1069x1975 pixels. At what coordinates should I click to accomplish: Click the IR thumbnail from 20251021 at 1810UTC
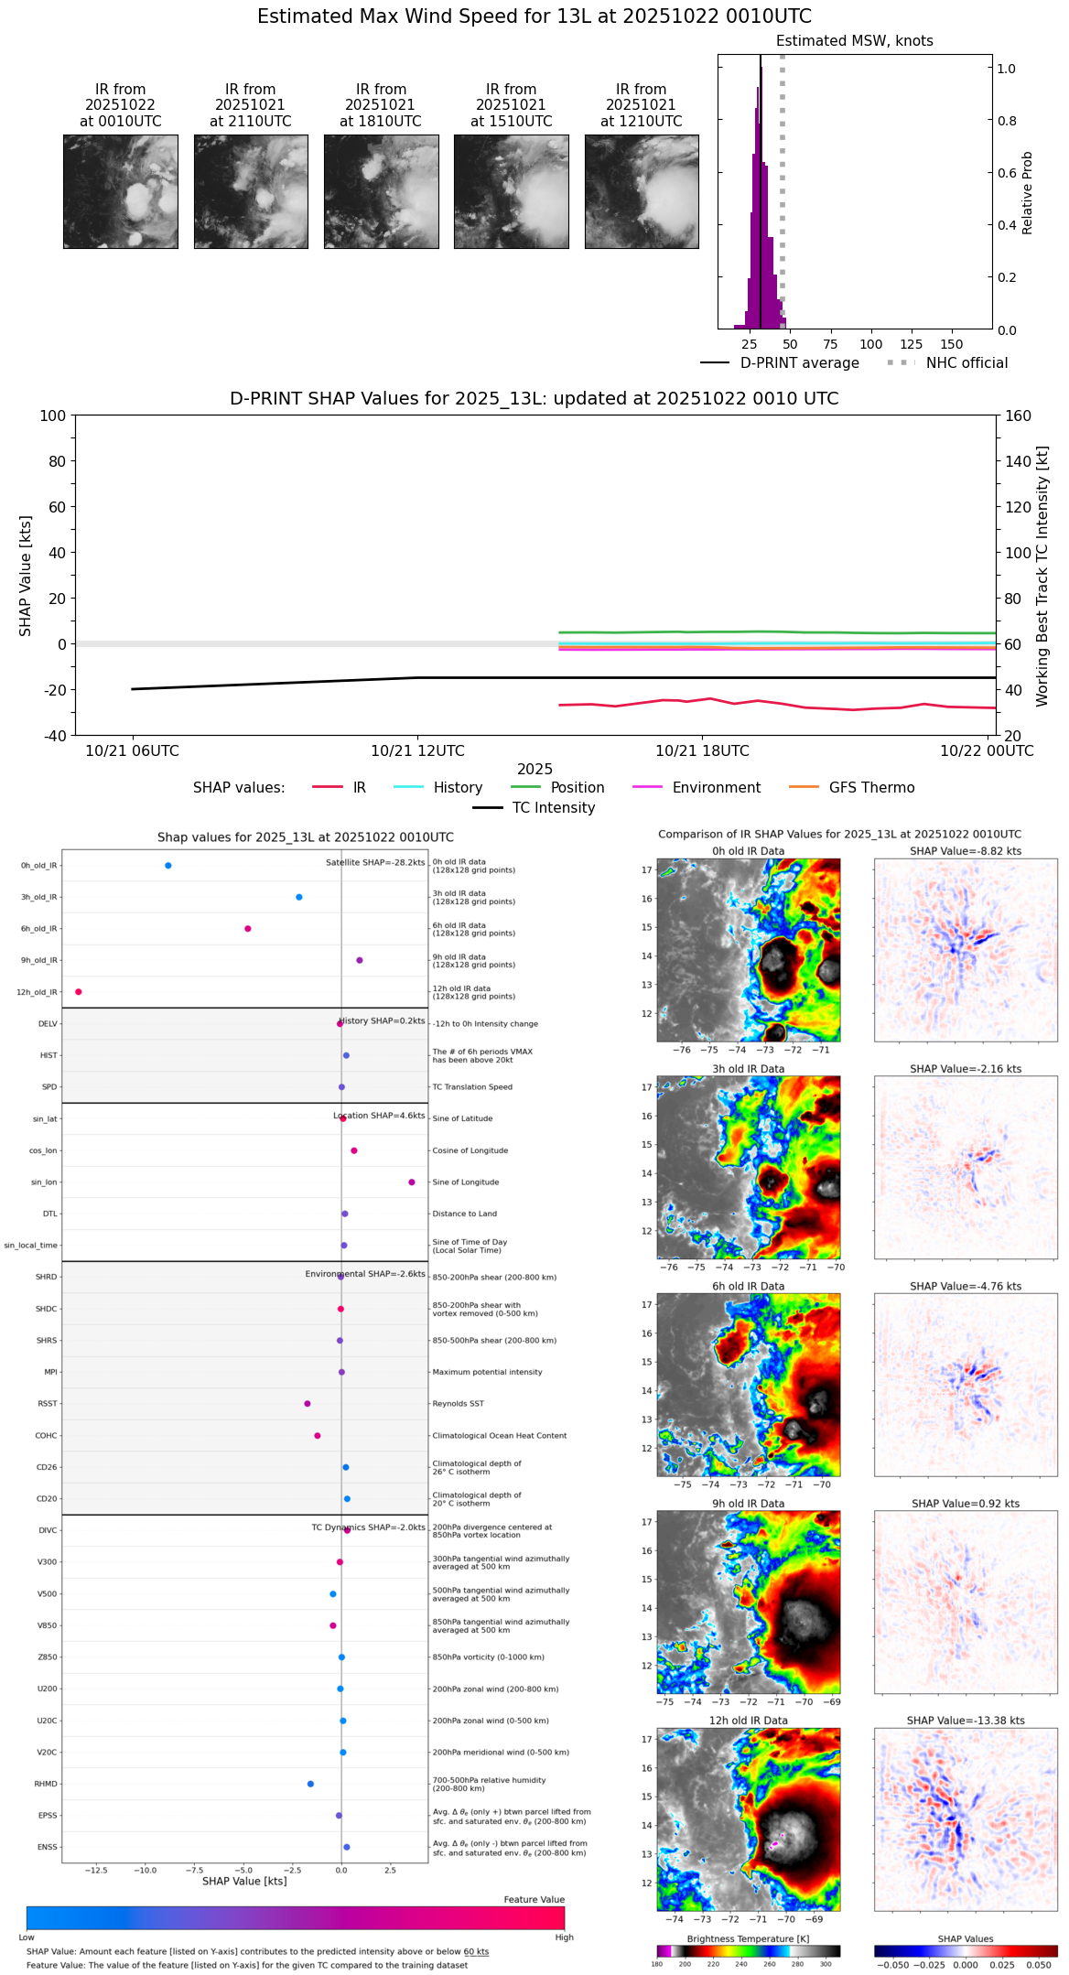coord(381,191)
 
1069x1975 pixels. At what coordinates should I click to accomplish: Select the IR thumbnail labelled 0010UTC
coord(121,191)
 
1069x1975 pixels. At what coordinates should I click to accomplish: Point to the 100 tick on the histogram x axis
coord(870,344)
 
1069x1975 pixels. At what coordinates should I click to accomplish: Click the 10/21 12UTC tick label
coord(417,751)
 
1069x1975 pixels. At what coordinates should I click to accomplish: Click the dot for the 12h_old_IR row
coord(79,992)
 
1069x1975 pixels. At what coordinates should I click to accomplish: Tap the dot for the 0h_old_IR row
coord(167,866)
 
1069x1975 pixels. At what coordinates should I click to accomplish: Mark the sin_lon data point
coord(412,1182)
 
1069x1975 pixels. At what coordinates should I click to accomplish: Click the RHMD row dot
coord(310,1784)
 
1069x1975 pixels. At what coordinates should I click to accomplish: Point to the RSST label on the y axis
coord(47,1404)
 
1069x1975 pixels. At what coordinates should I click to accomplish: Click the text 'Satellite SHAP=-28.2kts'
coord(375,863)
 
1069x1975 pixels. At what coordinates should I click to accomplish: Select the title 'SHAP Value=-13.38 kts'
coord(966,1721)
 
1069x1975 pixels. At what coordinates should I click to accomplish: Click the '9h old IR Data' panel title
coord(749,1504)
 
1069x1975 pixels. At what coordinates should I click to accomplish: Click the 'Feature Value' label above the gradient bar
coord(534,1900)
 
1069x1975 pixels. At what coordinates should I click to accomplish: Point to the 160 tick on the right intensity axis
coord(1019,416)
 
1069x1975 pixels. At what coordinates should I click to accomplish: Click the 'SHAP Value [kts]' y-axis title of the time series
coord(26,576)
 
